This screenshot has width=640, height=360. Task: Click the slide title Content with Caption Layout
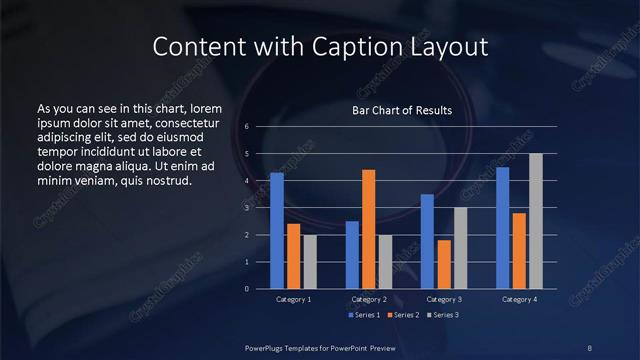(x=320, y=46)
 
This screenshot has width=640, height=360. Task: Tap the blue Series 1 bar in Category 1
(x=277, y=231)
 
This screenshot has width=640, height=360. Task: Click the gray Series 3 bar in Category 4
(x=536, y=221)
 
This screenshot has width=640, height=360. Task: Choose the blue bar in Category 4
(x=503, y=228)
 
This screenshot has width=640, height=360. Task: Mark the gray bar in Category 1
(x=310, y=262)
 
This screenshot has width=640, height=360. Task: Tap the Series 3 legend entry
(x=445, y=315)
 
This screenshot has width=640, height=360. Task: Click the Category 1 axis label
(x=294, y=299)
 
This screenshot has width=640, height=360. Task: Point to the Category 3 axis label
(x=444, y=299)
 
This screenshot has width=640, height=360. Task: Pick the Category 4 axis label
(x=519, y=299)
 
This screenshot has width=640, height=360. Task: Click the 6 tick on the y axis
(x=247, y=127)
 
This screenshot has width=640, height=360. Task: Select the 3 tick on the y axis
(x=247, y=208)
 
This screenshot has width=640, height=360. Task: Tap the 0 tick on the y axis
(x=247, y=289)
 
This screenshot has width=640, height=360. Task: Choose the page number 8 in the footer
(x=589, y=347)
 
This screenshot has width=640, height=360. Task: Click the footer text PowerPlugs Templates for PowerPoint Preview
(x=320, y=347)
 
